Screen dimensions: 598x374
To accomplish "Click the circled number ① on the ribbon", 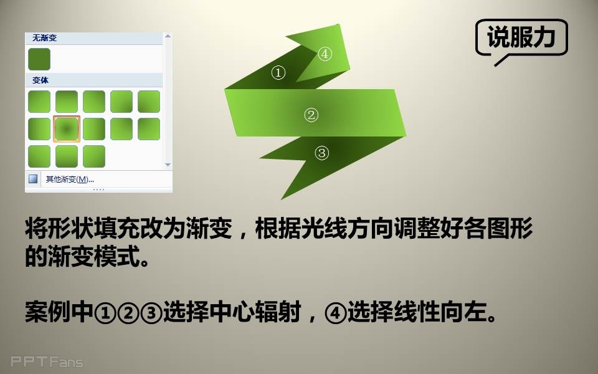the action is pos(278,72).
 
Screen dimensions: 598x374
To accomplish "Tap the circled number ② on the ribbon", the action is pos(311,115).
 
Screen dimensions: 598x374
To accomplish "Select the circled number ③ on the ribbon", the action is pos(321,153).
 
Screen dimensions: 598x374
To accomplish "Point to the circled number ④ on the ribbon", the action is pos(325,54).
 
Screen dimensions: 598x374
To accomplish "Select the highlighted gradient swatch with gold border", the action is pos(67,129).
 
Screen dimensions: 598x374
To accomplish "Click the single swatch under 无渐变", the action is pos(39,59).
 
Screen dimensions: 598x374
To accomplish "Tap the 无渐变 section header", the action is pos(45,38).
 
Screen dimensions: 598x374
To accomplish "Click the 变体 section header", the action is pos(40,80).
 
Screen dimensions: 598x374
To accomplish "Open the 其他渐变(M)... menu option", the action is pos(70,179).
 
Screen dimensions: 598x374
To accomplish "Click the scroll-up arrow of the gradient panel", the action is pos(168,36).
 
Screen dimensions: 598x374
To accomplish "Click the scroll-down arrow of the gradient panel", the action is pos(168,165).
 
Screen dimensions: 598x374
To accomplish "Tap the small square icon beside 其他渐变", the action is pos(33,179).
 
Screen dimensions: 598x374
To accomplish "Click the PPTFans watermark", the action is pos(47,362).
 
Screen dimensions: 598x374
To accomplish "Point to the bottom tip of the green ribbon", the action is pos(282,199).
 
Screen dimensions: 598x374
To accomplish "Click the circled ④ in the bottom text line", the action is pos(335,312).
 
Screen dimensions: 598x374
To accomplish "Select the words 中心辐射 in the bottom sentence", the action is pos(255,312).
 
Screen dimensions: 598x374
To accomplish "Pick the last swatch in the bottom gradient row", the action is pos(94,156).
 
